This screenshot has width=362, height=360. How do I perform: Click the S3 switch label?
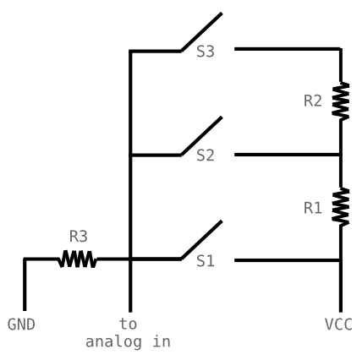pyautogui.click(x=206, y=52)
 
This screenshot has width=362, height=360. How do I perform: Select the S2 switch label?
pyautogui.click(x=206, y=155)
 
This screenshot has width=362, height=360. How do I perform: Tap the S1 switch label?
pyautogui.click(x=206, y=261)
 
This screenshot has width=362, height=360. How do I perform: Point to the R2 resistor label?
pyautogui.click(x=313, y=101)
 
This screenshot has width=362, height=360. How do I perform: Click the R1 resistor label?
pyautogui.click(x=313, y=207)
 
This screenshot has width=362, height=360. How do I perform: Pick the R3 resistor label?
pyautogui.click(x=78, y=237)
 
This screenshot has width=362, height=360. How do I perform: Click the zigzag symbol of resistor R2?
pyautogui.click(x=341, y=101)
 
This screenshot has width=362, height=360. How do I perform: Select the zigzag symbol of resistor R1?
pyautogui.click(x=341, y=207)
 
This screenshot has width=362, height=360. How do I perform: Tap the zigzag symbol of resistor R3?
pyautogui.click(x=77, y=259)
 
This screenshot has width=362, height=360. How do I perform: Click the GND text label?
pyautogui.click(x=21, y=325)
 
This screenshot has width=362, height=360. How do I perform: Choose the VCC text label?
pyautogui.click(x=338, y=325)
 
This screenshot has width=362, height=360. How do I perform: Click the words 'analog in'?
pyautogui.click(x=128, y=341)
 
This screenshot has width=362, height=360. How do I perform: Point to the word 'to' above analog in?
pyautogui.click(x=128, y=325)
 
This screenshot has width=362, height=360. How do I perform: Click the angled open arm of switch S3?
pyautogui.click(x=201, y=32)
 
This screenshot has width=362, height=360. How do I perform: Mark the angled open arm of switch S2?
pyautogui.click(x=201, y=136)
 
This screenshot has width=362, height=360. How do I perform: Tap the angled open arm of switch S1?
pyautogui.click(x=201, y=240)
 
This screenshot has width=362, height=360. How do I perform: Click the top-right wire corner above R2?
pyautogui.click(x=341, y=49)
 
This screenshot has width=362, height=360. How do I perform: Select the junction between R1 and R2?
pyautogui.click(x=341, y=155)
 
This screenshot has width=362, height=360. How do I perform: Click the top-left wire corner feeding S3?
pyautogui.click(x=130, y=52)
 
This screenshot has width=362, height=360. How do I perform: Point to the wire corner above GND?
pyautogui.click(x=25, y=259)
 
